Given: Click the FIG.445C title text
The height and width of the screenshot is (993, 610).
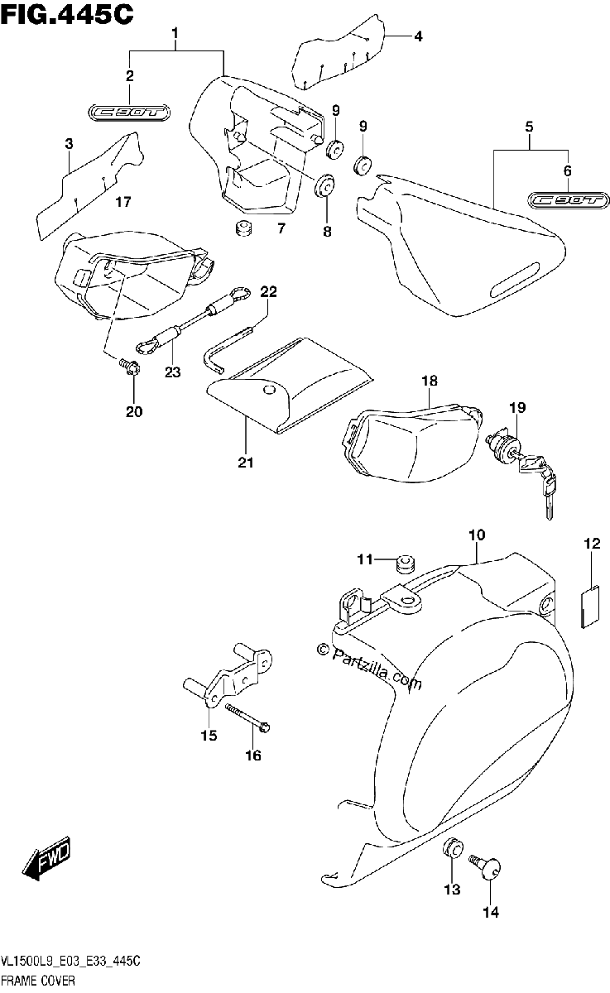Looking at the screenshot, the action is click(67, 15).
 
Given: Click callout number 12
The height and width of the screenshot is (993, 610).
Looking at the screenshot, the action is click(593, 544).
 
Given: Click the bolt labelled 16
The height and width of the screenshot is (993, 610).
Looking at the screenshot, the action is click(247, 717).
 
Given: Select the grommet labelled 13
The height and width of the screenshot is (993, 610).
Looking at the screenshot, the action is click(453, 847).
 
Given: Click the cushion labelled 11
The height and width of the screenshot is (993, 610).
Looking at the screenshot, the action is click(406, 564).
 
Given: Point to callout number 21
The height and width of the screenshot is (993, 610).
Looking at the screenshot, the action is click(246, 463).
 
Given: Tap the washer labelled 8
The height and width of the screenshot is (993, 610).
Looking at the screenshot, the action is click(324, 185).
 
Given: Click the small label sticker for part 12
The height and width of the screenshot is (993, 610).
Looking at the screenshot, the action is click(590, 606).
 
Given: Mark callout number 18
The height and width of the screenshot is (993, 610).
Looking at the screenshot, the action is click(430, 381).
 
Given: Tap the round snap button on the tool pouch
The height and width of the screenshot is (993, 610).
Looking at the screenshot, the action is click(268, 390).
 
